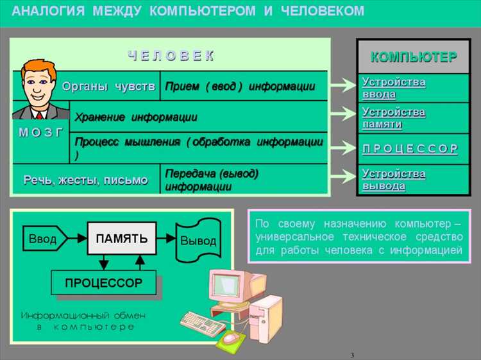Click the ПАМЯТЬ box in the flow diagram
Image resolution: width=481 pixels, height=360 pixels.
pos(121,239)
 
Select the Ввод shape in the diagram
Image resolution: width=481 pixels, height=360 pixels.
pos(43,239)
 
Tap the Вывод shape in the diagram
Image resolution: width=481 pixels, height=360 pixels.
pos(198,241)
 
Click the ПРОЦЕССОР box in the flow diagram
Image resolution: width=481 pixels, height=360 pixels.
pos(103,282)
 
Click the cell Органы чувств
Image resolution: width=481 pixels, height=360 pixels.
pos(108,87)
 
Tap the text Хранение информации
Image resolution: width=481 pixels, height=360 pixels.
pos(136,117)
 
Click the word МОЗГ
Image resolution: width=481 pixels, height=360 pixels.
pos(40,132)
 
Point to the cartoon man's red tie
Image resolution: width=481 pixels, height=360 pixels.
pos(40,115)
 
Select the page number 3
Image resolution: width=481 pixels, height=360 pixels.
pos(352,355)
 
